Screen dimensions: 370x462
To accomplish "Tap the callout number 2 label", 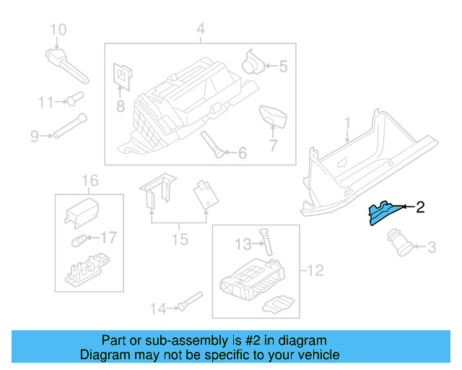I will pyautogui.click(x=420, y=207).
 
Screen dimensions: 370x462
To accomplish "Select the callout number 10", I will pyautogui.click(x=58, y=30).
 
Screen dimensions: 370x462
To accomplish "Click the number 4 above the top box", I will pyautogui.click(x=201, y=29).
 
